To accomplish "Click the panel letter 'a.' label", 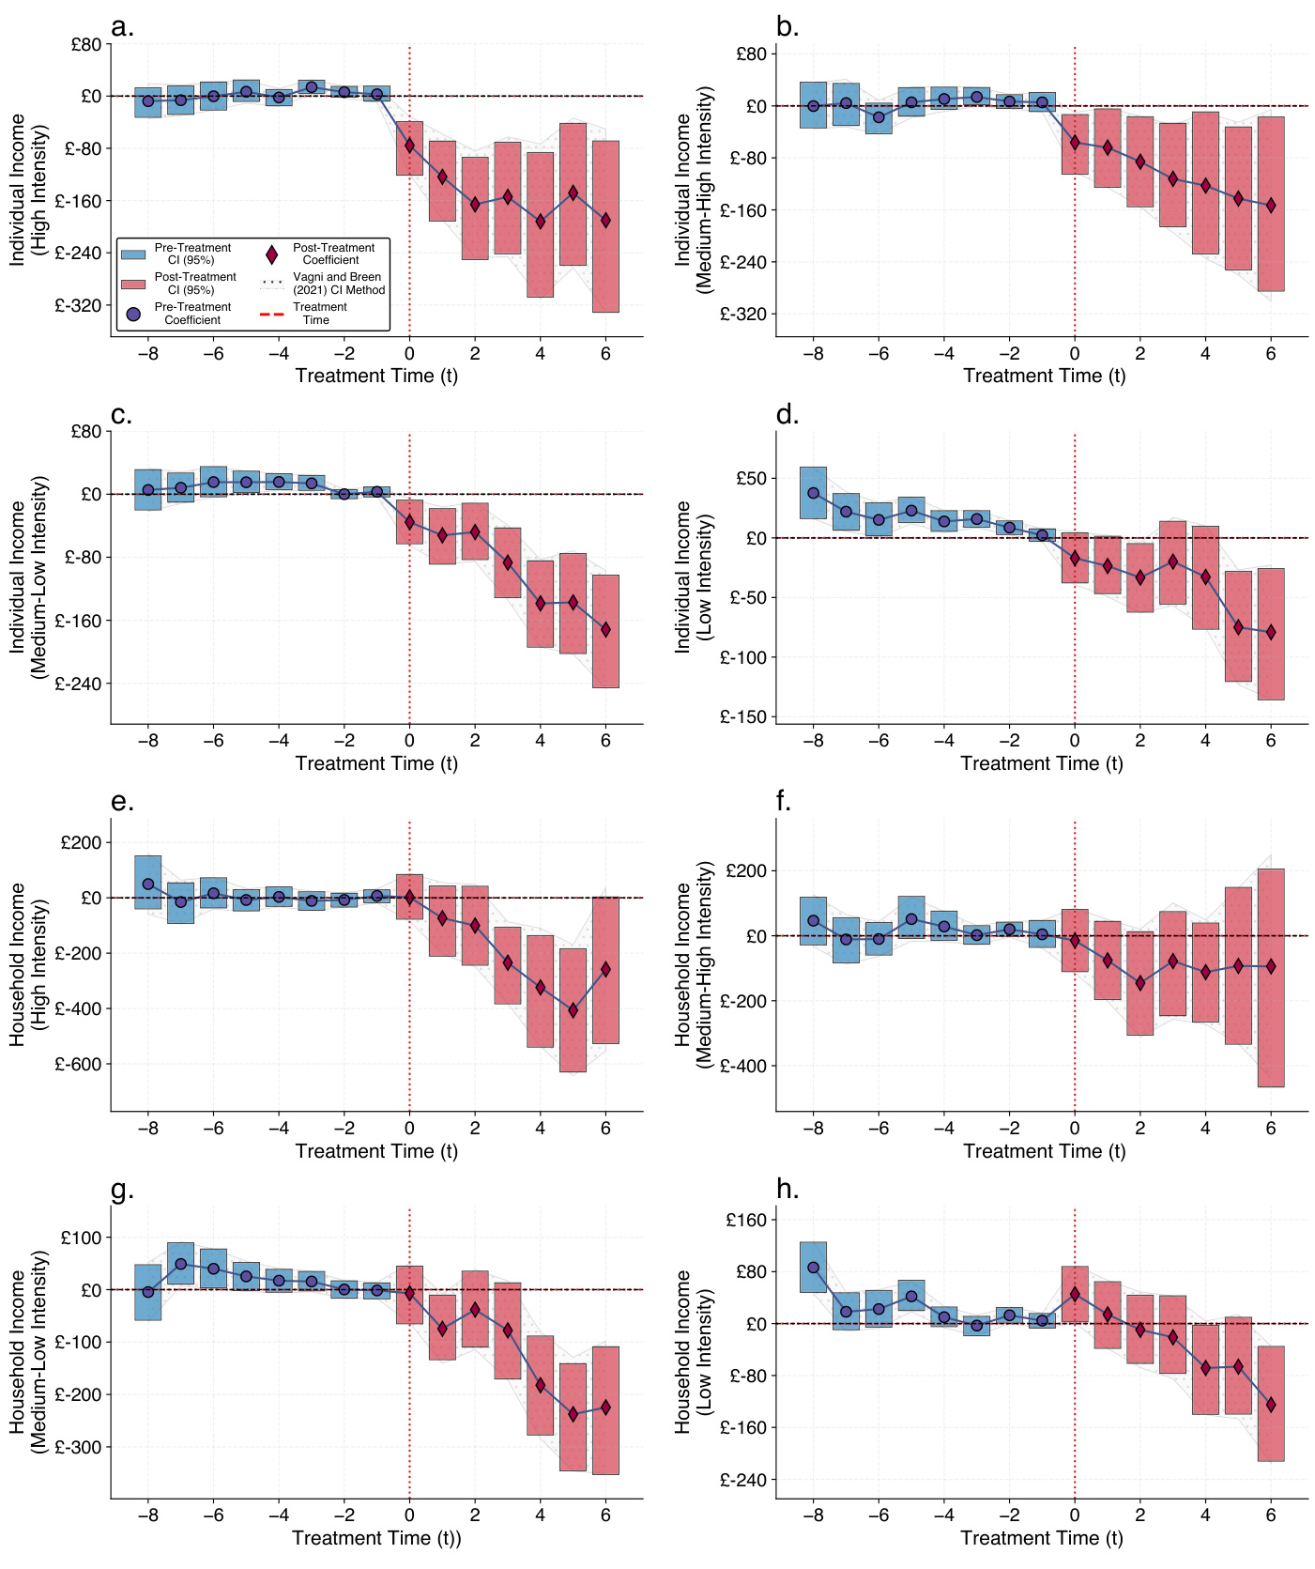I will (122, 27).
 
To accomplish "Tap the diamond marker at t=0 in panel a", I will (409, 146).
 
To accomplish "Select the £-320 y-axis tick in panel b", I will (742, 315).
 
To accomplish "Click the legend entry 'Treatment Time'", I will (319, 314).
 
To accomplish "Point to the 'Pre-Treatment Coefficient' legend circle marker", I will (133, 314).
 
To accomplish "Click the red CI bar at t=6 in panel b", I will (1271, 204).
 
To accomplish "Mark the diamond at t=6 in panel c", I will (605, 630).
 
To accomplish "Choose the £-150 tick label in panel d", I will (742, 717).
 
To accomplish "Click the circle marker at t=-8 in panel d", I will (813, 493).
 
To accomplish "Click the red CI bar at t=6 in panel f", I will (1271, 977).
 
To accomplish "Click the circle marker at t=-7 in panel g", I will (180, 1264).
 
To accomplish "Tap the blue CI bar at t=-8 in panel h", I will (813, 1268).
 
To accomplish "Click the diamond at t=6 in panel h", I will (1271, 1405).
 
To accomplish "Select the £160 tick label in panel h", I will (746, 1220).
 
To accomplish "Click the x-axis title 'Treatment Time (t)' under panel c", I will (376, 763).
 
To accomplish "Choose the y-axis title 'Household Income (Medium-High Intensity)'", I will (694, 964).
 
